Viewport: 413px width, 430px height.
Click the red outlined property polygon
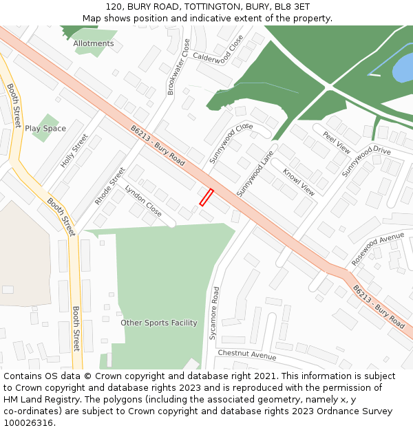[206, 197]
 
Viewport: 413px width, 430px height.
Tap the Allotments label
[94, 43]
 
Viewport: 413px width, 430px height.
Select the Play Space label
[45, 129]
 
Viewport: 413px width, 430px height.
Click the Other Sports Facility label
[159, 323]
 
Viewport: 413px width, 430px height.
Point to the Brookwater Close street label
[178, 67]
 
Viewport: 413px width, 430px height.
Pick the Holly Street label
[74, 151]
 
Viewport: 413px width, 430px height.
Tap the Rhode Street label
[110, 186]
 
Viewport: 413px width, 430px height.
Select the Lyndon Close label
[143, 201]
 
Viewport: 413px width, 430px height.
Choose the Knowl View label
[299, 181]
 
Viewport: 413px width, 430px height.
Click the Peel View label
[337, 141]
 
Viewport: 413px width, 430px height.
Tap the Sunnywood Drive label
[366, 162]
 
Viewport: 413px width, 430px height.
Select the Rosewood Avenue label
[378, 248]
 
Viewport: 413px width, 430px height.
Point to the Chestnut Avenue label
[246, 355]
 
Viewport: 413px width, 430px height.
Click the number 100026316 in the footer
[28, 422]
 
